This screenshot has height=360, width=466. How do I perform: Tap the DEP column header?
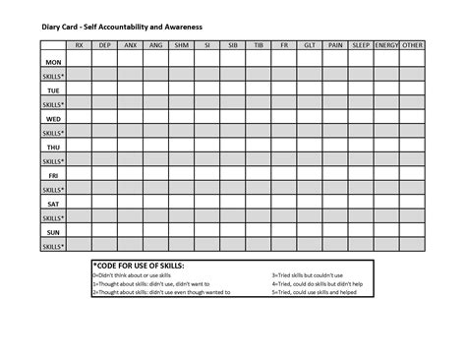pyautogui.click(x=104, y=45)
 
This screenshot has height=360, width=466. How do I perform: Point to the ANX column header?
pyautogui.click(x=130, y=45)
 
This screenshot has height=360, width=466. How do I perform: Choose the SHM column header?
pyautogui.click(x=181, y=45)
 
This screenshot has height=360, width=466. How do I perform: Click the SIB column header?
pyautogui.click(x=232, y=45)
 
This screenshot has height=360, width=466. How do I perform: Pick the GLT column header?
pyautogui.click(x=310, y=45)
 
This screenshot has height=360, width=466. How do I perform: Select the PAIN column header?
pyautogui.click(x=334, y=45)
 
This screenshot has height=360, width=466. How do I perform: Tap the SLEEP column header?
pyautogui.click(x=360, y=45)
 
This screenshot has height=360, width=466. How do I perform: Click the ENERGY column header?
pyautogui.click(x=385, y=45)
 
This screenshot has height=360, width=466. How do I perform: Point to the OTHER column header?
pyautogui.click(x=411, y=45)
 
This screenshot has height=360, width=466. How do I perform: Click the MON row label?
pyautogui.click(x=53, y=60)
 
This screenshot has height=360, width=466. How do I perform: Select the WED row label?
pyautogui.click(x=53, y=117)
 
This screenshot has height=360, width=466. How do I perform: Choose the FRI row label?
pyautogui.click(x=53, y=174)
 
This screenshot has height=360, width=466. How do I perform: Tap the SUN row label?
pyautogui.click(x=53, y=231)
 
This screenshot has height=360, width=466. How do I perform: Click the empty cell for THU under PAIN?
pyautogui.click(x=334, y=146)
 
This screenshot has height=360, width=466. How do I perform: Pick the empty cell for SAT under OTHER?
pyautogui.click(x=411, y=203)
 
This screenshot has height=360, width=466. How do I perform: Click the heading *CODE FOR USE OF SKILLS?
pyautogui.click(x=139, y=267)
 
